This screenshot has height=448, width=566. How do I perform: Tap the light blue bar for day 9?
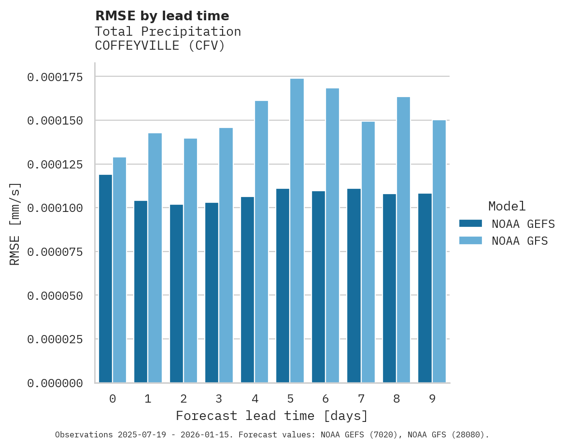(439, 251)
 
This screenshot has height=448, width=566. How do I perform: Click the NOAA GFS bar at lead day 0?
(119, 270)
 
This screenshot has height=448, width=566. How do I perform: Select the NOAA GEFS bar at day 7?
(354, 285)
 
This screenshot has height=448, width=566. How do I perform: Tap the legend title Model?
(507, 207)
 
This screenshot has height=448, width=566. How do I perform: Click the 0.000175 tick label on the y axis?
(55, 77)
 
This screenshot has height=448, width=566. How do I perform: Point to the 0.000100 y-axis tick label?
(55, 208)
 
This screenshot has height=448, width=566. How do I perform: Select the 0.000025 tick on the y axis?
(55, 339)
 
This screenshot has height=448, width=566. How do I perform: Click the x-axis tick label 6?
(325, 399)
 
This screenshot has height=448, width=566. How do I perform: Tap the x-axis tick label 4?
(255, 399)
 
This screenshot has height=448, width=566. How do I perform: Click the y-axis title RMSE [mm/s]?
(15, 224)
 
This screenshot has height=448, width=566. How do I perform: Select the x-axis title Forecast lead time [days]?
(271, 416)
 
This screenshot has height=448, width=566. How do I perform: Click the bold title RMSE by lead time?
(162, 16)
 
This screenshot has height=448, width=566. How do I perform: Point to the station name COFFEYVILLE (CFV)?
(160, 46)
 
